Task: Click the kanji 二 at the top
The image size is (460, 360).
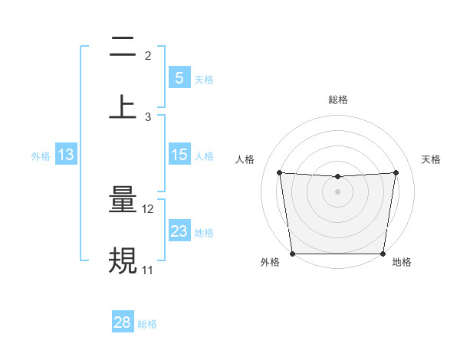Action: coord(123,48)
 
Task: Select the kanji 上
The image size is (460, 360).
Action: coord(123,106)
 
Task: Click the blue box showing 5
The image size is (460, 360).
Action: coord(179,77)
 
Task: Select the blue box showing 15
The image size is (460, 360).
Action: coord(179,155)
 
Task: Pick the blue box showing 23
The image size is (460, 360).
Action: coord(179,231)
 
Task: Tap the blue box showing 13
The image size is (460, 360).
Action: coord(65,155)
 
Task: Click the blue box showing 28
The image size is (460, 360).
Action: coord(123,322)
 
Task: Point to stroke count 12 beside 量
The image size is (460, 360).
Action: coord(148,209)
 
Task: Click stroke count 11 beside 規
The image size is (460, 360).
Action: coord(148,270)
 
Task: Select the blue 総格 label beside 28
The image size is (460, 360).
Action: coord(147,324)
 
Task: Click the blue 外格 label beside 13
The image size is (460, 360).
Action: coord(41,156)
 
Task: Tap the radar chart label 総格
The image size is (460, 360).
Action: coord(338,100)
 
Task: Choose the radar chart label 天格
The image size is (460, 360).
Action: coord(432,159)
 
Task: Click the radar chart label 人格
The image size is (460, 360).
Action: coord(245,159)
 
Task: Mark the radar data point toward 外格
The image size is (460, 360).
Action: coord(293,254)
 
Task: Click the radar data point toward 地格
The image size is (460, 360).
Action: coord(383,254)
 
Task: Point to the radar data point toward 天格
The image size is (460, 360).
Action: coord(396,172)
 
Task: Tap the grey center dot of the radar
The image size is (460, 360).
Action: coord(338,191)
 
